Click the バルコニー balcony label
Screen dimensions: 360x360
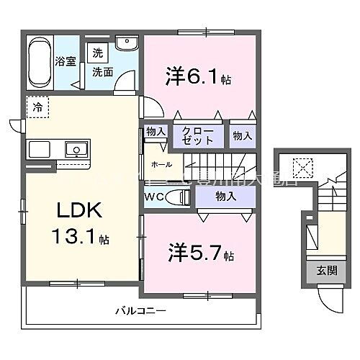pyautogui.click(x=141, y=311)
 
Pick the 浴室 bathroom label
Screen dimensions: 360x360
pyautogui.click(x=67, y=61)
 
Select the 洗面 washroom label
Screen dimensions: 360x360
pyautogui.click(x=102, y=72)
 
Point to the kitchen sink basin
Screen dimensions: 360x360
pyautogui.click(x=76, y=150)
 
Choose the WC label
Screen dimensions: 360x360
pyautogui.click(x=155, y=197)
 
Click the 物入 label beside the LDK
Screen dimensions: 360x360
pyautogui.click(x=155, y=131)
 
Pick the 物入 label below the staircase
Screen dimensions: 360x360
pyautogui.click(x=225, y=196)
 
